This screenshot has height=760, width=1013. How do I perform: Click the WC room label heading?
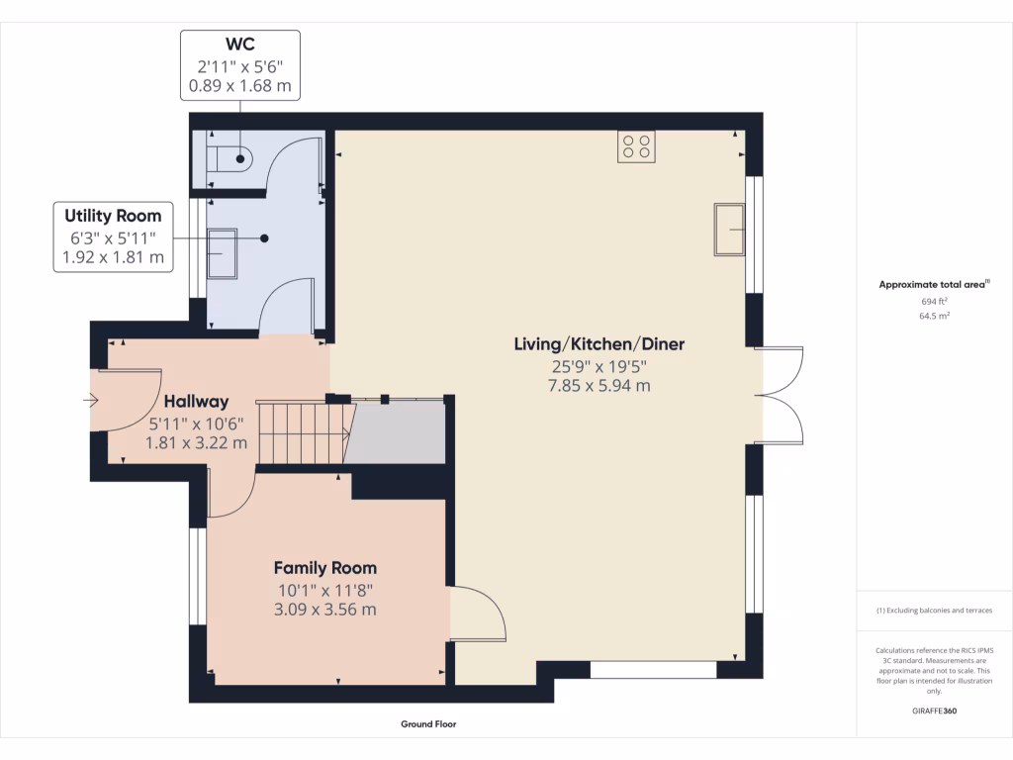coord(238,46)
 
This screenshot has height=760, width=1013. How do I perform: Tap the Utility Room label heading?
coord(113,216)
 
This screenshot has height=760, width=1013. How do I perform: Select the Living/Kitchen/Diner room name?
coord(599,344)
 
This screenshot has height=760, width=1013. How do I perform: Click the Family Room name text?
coord(324,568)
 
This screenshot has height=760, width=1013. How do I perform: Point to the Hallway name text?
coord(196,402)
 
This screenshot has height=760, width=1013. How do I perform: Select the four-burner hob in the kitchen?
coord(636,145)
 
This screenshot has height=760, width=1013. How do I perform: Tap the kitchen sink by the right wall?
coord(730,230)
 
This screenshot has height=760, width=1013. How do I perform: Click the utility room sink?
coord(223,255)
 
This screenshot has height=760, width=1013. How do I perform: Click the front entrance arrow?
coord(92,401)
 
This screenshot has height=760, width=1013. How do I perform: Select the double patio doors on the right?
coord(782,395)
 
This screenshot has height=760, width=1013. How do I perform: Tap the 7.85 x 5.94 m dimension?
coord(599,386)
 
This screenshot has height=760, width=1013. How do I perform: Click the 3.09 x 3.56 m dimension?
coord(324,610)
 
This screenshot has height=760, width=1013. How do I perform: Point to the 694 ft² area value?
coord(934,301)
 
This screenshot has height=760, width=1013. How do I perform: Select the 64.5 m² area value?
coord(934,317)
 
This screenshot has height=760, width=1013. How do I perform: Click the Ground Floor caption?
coord(428,724)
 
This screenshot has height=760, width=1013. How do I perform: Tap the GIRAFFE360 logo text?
coord(934,711)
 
